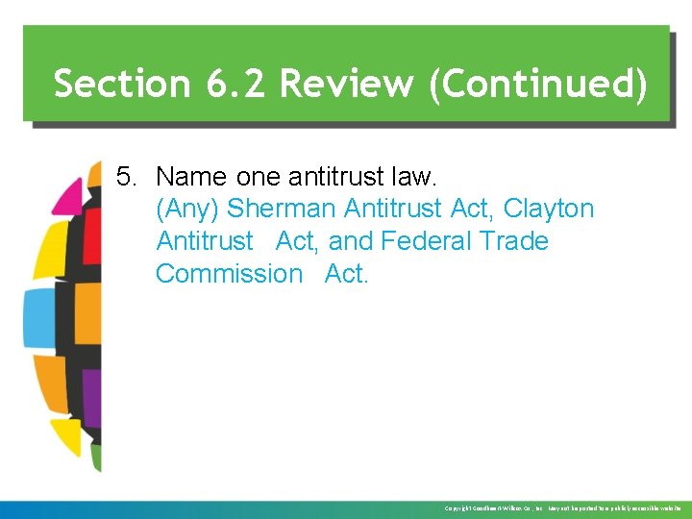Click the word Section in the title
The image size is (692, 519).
pyautogui.click(x=121, y=84)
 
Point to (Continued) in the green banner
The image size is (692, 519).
pyautogui.click(x=537, y=84)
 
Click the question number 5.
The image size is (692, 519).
pyautogui.click(x=128, y=177)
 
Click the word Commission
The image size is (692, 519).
pyautogui.click(x=229, y=273)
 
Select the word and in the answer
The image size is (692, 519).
pyautogui.click(x=352, y=240)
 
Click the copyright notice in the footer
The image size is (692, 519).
pyautogui.click(x=562, y=507)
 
